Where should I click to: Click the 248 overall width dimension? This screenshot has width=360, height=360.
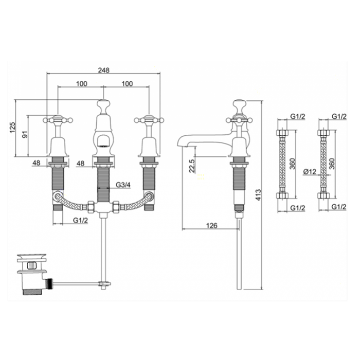coord(104,70)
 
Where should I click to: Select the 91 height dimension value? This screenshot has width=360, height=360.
coord(25,134)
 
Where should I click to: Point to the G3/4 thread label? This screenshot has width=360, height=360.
coord(123,185)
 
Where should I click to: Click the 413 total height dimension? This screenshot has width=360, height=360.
coord(258,195)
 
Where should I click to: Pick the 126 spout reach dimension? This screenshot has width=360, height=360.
coord(211,225)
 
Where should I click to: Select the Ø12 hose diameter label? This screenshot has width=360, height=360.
coord(310,171)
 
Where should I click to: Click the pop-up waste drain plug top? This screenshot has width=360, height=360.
coord(32,256)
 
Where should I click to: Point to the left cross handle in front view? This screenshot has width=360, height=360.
coord(58,120)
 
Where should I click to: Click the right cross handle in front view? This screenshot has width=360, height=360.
coord(149,120)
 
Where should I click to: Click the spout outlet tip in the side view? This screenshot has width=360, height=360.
coord(180,144)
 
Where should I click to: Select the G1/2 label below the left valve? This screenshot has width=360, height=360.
coord(80,220)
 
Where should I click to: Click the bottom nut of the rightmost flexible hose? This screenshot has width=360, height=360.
coord(323,195)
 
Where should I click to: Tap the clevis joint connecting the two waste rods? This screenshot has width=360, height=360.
coord(103,284)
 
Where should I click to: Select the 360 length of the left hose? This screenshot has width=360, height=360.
coord(292,164)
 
